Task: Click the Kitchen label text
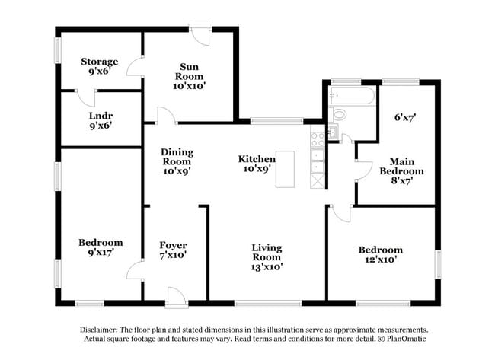pyautogui.click(x=257, y=159)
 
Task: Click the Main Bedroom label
pyautogui.click(x=401, y=171)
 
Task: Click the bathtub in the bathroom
pyautogui.click(x=351, y=97)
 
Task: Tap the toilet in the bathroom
pyautogui.click(x=339, y=115)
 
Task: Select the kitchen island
pyautogui.click(x=285, y=168)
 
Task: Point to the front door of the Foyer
pyautogui.click(x=175, y=297)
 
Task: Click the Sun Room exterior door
pyautogui.click(x=200, y=34)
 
